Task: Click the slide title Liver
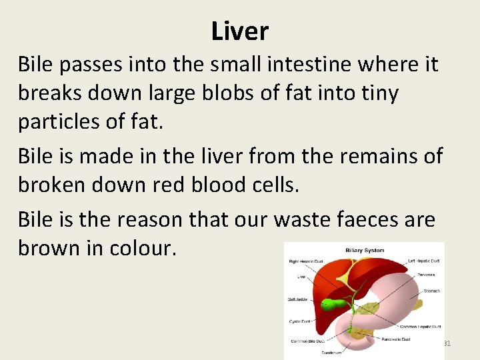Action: pyautogui.click(x=240, y=31)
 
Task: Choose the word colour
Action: pyautogui.click(x=143, y=248)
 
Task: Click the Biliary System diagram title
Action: pyautogui.click(x=365, y=251)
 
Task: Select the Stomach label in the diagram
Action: pyautogui.click(x=432, y=291)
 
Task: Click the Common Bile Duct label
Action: pyautogui.click(x=307, y=341)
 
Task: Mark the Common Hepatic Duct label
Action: pyautogui.click(x=419, y=327)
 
